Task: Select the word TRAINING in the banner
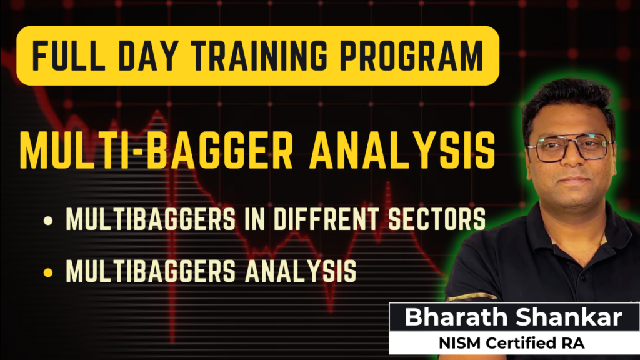pos(259,56)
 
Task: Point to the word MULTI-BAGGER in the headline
pos(157,150)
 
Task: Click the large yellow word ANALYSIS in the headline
pos(402,150)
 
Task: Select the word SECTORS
pos(437,219)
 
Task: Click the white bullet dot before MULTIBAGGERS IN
pos(48,221)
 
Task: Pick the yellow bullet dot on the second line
pos(48,272)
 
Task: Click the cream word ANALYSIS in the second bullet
pos(301,271)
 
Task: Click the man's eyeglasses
pos(570,147)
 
